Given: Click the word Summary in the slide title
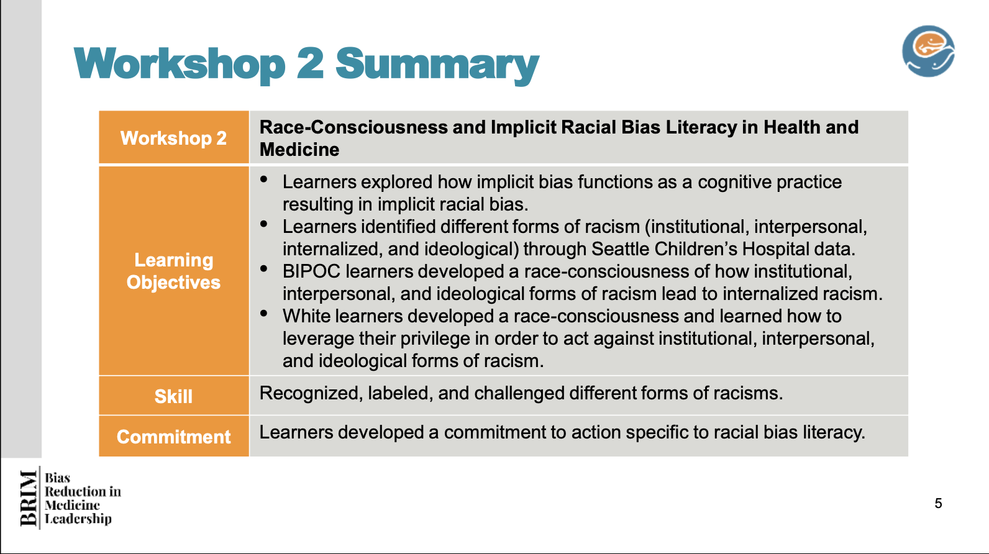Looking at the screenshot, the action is pos(437,65).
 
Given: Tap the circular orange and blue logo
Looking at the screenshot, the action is pos(928,51).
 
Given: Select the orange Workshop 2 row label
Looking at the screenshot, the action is pos(173,138).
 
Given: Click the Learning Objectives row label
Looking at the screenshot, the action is pos(173,271).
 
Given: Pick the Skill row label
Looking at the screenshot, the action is pos(173,396).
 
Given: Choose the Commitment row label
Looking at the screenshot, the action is pos(173,437).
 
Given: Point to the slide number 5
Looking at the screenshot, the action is pos(938,503).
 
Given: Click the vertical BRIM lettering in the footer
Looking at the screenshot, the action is pos(29,498).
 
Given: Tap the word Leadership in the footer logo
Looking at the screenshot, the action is pos(78,519).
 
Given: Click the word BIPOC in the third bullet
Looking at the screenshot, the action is pos(311,271).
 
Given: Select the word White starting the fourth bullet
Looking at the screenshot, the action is pos(306,316).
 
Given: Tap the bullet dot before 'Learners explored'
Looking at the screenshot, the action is pos(264,179).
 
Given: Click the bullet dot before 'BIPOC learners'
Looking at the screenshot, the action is pos(264,268).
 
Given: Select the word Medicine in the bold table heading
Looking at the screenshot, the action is pos(299,150).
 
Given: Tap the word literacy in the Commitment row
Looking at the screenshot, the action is pos(834,433).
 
